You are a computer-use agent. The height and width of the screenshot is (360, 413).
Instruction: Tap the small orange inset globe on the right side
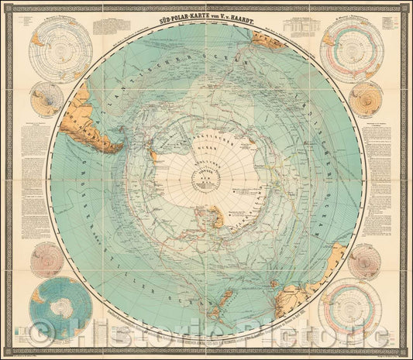(365, 99)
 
